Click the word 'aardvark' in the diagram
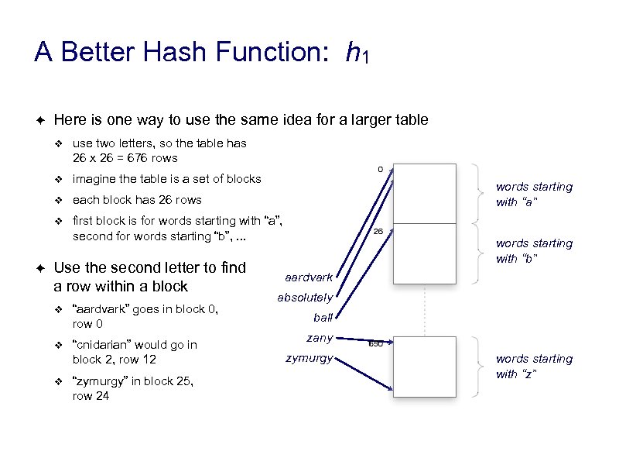pos(309,277)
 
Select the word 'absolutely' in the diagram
pos(305,298)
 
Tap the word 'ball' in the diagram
pos(323,317)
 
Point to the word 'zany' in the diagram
pos(319,338)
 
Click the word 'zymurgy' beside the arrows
pos(309,358)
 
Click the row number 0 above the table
pos(380,169)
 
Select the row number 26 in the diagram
pos(378,232)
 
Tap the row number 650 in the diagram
pos(375,343)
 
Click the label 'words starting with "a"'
pos(534,194)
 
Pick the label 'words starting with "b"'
pos(534,251)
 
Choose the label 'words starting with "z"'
pos(534,367)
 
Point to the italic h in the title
pos(353,53)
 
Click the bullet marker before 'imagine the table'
pos(56,179)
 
